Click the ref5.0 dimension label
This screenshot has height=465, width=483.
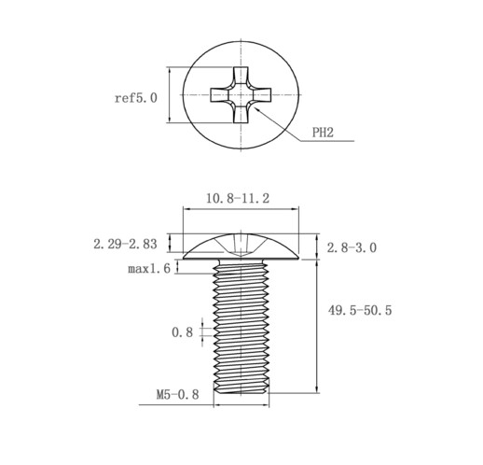[136, 98]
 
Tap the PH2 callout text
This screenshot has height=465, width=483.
[323, 133]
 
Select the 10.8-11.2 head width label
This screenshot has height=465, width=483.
[238, 198]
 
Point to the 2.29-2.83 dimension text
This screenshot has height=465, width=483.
[125, 244]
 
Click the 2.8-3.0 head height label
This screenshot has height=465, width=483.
[352, 247]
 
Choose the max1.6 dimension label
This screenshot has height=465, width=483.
[149, 268]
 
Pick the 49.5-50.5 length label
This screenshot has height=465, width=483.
[360, 310]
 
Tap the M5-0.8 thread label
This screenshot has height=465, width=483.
[177, 395]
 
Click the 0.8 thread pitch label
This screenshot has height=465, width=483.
[183, 332]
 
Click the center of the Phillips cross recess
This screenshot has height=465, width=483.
[241, 94]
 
